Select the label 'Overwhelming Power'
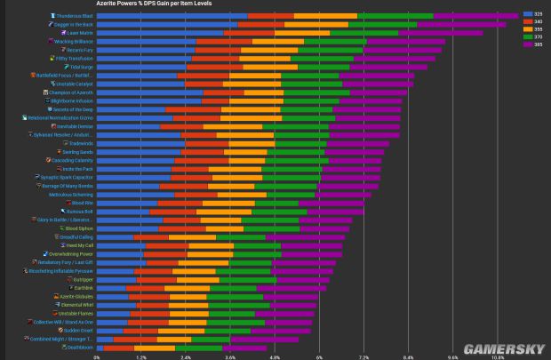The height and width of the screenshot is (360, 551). pos(70,254)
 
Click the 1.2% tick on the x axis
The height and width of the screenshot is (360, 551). pos(140,356)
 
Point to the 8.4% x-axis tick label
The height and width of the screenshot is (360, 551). pos(408,356)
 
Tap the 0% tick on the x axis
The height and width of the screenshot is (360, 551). pos(97,356)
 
